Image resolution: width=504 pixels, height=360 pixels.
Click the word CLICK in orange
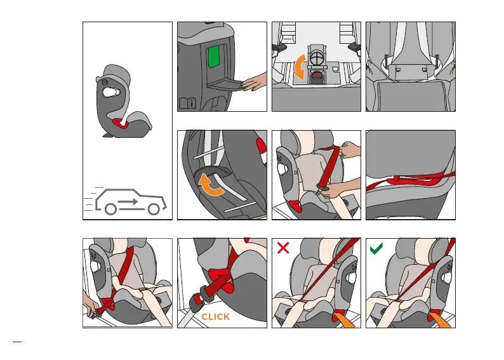tap(215, 317)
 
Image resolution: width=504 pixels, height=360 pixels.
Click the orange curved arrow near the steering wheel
tap(298, 67)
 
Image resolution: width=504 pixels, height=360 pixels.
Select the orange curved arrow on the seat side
tap(211, 184)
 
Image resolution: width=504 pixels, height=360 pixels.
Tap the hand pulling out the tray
tap(255, 81)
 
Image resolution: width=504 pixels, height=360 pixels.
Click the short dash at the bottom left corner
tap(17, 342)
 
